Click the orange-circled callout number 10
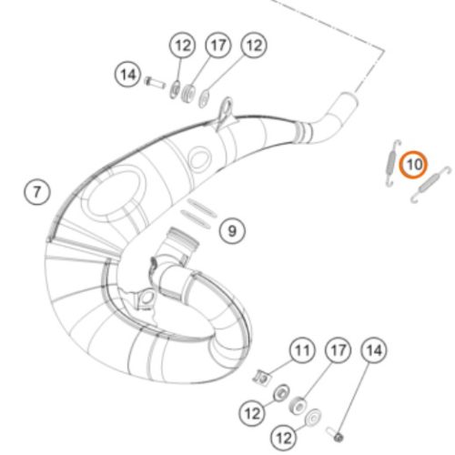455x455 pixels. point(413,165)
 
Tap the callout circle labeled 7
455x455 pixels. point(37,192)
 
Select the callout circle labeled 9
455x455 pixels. point(232,230)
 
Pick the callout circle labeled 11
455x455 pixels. point(302,350)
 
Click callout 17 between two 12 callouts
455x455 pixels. point(218,45)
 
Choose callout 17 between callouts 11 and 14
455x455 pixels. point(338,350)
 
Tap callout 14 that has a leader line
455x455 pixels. point(374,350)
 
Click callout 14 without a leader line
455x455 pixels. point(128,75)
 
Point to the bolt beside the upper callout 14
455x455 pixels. point(155,82)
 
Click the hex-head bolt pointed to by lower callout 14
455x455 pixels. point(335,434)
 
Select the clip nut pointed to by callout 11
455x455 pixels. point(262,378)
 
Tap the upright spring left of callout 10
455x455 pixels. point(393,163)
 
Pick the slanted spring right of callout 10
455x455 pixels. point(430,184)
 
